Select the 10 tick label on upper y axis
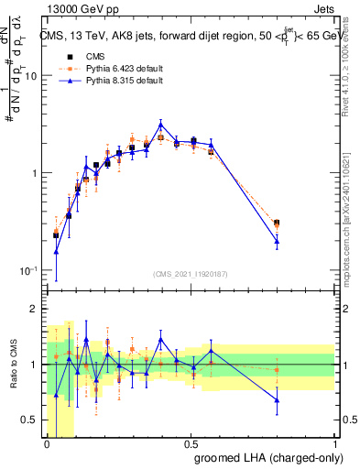pos(29,76)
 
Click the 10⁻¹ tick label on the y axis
pos(27,271)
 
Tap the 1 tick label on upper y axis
pos(34,173)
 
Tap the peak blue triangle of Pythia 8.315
pos(161,125)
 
